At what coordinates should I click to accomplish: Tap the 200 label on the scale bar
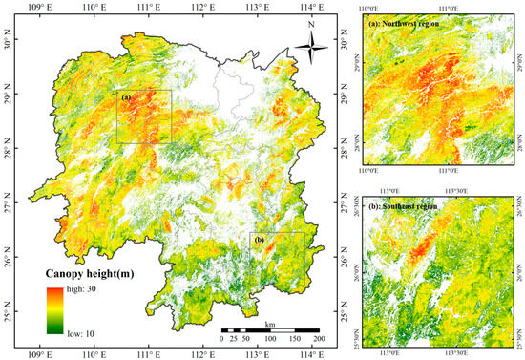click(x=320, y=339)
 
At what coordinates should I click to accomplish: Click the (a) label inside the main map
click(x=124, y=96)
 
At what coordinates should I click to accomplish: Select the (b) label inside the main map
click(x=258, y=238)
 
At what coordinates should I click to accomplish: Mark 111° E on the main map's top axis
click(x=148, y=8)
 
